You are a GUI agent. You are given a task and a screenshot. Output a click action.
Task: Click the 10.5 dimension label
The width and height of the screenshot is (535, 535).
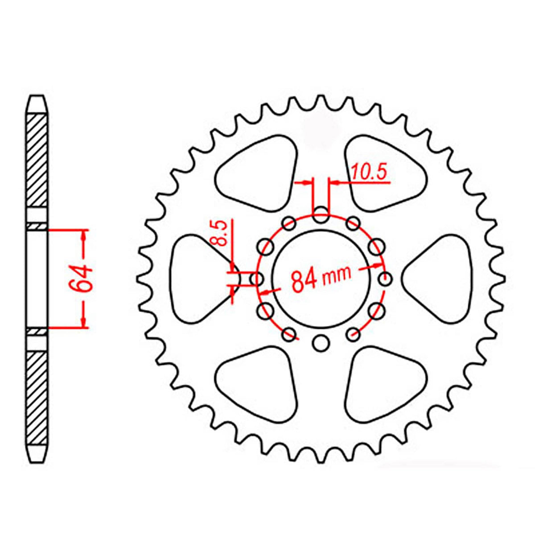(369, 172)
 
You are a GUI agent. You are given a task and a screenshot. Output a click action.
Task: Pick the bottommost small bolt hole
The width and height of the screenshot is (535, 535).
(321, 343)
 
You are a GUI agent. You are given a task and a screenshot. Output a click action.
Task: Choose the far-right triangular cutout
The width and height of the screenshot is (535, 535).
(441, 279)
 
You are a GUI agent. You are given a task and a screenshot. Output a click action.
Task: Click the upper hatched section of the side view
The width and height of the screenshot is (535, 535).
(37, 160)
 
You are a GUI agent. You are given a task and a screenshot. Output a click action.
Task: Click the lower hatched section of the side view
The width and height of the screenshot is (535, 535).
(37, 397)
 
